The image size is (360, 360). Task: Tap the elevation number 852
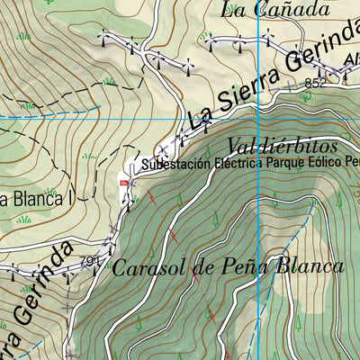(315, 83)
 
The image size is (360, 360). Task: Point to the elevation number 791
(88, 262)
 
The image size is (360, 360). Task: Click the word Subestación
(175, 166)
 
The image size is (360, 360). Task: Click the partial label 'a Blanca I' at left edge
(31, 199)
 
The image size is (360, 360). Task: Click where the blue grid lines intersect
(258, 119)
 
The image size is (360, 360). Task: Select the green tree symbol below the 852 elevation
(316, 100)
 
